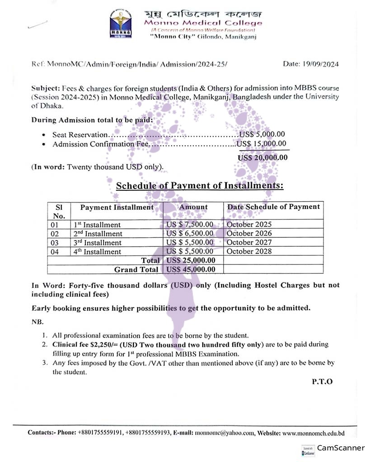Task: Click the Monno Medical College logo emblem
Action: point(121,23)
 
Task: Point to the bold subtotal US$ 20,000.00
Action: point(262,157)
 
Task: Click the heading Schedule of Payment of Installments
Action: point(200,185)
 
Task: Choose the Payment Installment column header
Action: point(117,207)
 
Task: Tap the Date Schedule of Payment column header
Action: point(273,207)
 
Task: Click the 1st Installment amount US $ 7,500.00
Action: point(190,224)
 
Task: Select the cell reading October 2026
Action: point(249,233)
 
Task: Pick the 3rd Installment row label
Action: point(98,243)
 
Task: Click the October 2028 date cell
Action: point(249,251)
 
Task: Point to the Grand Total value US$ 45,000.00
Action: point(191,269)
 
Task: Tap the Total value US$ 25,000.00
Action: point(191,260)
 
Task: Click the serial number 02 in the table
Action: point(55,234)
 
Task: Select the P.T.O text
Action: point(322,381)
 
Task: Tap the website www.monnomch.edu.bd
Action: point(313,433)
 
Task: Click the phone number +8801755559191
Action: point(100,433)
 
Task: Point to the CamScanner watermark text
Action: point(341,448)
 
